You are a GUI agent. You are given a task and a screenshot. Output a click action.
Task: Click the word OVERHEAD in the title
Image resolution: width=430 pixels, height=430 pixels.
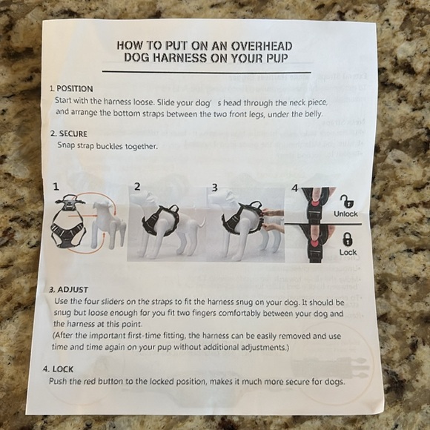pos(262,46)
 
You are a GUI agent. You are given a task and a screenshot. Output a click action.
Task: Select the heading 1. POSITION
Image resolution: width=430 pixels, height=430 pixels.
pos(71,89)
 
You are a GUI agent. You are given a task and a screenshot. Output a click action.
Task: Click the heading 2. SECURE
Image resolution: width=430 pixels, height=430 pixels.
pos(69,133)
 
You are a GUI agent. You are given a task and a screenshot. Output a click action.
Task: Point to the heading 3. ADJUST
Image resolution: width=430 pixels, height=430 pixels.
pos(68,290)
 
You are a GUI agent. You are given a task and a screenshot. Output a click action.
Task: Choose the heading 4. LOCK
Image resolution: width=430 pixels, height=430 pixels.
pos(58,369)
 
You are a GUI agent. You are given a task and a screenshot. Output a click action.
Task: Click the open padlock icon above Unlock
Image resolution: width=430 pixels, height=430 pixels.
pos(347,202)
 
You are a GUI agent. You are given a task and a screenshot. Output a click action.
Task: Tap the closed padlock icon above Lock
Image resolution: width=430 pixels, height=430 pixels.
pos(348,239)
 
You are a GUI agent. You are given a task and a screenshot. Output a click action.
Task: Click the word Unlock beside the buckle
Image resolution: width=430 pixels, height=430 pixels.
pos(345,214)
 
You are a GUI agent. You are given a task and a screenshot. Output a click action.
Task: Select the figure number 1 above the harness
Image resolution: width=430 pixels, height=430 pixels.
pos(56,187)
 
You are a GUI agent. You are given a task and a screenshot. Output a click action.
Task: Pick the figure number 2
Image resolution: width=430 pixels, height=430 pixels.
pos(137,187)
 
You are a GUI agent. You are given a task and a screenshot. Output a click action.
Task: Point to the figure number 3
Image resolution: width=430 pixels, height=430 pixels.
pos(215,188)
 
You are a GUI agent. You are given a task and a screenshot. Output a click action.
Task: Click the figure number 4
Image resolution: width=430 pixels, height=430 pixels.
pos(294,188)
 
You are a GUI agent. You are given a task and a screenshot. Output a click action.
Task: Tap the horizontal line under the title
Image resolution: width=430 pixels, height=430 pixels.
pos(207,72)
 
